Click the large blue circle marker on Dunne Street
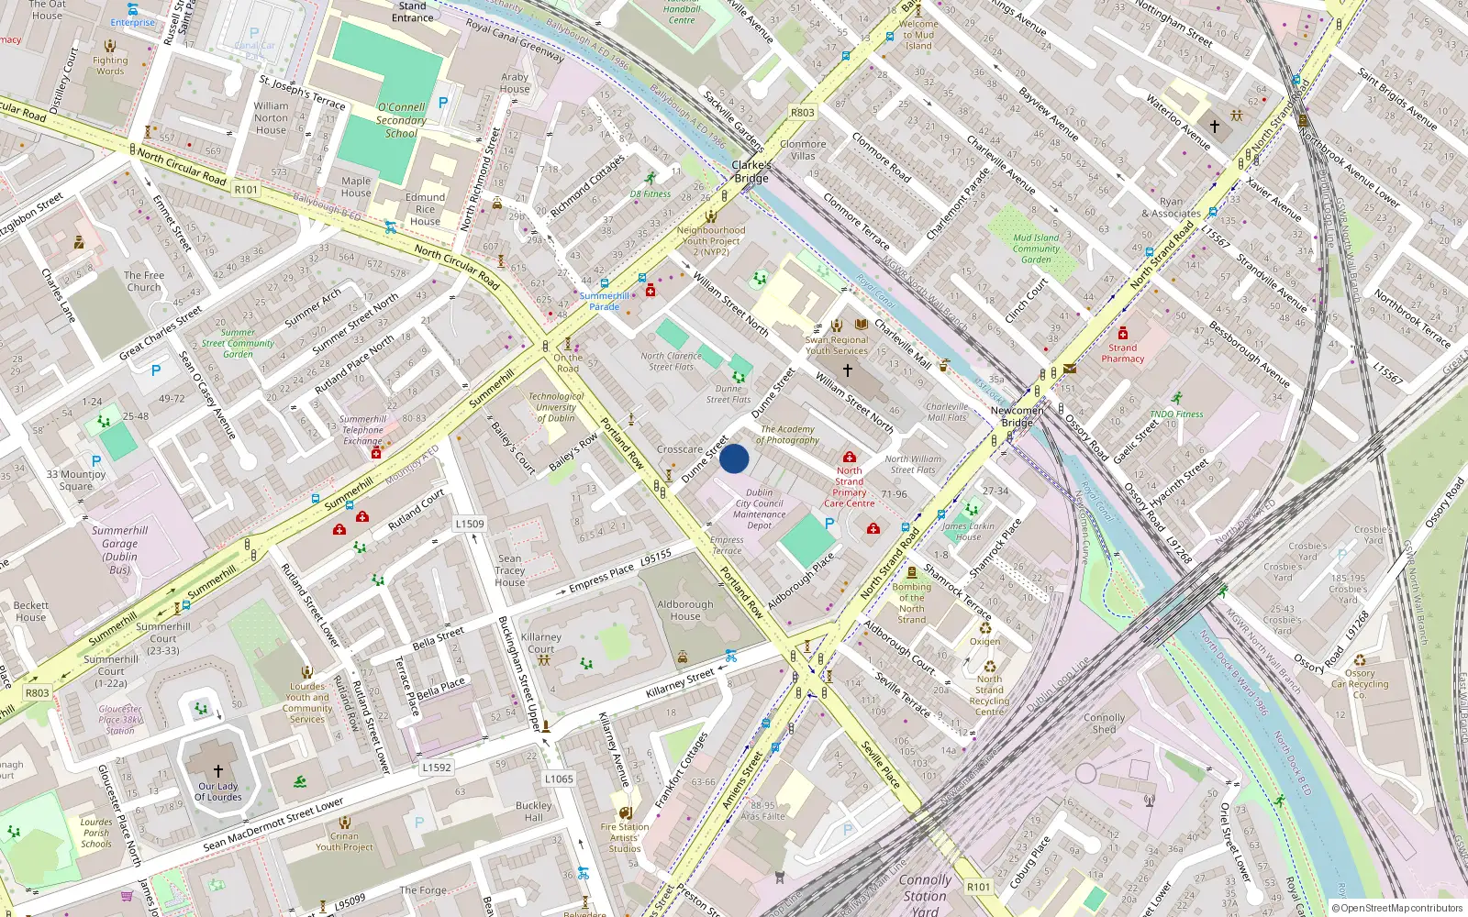734,458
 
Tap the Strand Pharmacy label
1122,353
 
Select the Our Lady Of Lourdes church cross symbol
217,771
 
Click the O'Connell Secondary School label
401,120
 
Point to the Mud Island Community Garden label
1036,249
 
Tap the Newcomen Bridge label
1017,416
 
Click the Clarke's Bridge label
751,171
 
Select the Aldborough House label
684,610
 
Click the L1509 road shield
470,524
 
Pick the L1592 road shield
437,768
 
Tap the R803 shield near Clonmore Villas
802,113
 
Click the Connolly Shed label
1104,724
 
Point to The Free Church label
144,281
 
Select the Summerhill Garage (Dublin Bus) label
119,549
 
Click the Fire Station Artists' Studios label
625,837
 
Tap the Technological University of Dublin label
556,407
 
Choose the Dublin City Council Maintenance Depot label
759,509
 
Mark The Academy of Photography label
788,435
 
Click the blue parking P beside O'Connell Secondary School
443,103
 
